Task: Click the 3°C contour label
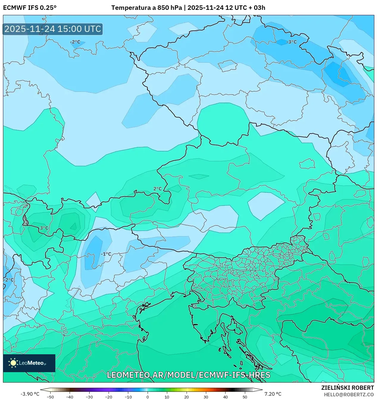point(44,228)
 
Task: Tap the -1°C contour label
point(106,254)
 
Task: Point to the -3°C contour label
point(291,42)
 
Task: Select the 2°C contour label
point(157,189)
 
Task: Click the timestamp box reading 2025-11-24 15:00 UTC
point(53,29)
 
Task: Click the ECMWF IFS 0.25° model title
point(29,7)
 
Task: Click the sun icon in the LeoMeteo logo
point(13,363)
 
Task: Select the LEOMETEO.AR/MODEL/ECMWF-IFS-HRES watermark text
point(188,375)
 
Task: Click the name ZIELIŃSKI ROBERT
point(347,388)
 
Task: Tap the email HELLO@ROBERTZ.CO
point(349,394)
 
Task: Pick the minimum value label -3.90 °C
point(30,394)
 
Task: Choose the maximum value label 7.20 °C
point(273,394)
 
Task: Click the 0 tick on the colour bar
point(147,397)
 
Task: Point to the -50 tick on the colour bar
point(50,397)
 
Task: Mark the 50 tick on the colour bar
point(245,397)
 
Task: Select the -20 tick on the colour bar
point(109,397)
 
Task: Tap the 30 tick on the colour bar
point(206,397)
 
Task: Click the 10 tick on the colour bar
point(167,397)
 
